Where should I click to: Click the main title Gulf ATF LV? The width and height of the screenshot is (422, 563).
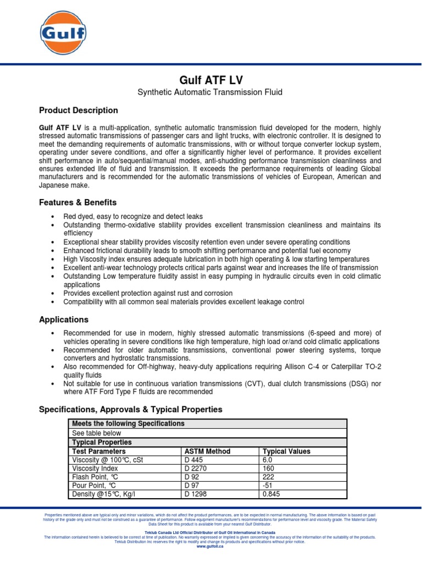tap(210, 79)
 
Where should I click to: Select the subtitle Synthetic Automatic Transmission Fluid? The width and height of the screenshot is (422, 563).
tap(210, 92)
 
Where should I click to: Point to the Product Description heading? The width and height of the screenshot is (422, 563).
tap(78, 111)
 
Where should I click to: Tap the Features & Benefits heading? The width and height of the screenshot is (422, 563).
tap(77, 202)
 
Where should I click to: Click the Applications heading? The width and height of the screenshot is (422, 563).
tap(63, 319)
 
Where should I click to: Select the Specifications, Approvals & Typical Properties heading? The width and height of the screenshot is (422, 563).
tap(130, 410)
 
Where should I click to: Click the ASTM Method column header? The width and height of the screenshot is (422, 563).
tap(208, 451)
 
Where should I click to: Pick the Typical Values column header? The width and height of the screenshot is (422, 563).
tap(286, 451)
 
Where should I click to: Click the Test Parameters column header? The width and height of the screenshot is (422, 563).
tap(99, 451)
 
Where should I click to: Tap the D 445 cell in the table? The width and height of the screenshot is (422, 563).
tap(194, 460)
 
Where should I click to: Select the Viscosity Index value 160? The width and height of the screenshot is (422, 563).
tap(269, 469)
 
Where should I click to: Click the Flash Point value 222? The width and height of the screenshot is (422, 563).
tap(269, 477)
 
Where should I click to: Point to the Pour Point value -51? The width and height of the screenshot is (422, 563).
tap(269, 486)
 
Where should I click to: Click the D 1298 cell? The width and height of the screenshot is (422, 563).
tap(196, 495)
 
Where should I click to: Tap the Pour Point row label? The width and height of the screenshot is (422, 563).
tap(94, 486)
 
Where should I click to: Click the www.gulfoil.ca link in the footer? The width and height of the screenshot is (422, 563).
tap(210, 546)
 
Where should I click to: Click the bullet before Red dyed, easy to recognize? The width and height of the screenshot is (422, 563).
tap(52, 217)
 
